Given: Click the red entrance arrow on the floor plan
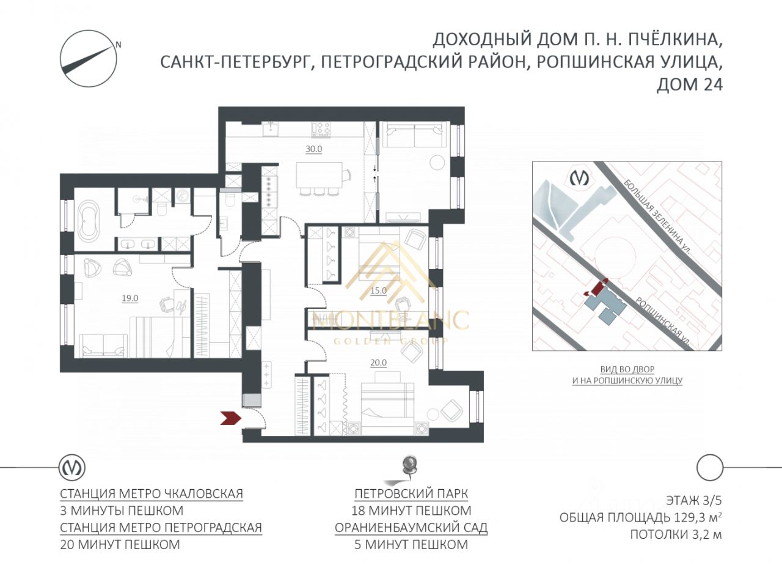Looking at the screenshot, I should (x=232, y=418).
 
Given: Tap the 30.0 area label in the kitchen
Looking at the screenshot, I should (x=313, y=149).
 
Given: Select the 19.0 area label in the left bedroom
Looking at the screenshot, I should (x=130, y=298).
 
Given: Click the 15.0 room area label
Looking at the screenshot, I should (x=378, y=290).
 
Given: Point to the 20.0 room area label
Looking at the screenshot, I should (x=378, y=363).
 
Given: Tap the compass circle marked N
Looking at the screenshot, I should (x=89, y=57).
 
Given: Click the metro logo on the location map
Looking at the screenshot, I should (x=579, y=178).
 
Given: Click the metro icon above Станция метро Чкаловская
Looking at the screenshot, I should (x=72, y=468).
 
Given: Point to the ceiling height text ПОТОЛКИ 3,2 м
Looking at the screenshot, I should (x=676, y=535).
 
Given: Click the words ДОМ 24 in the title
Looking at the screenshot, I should (x=689, y=84).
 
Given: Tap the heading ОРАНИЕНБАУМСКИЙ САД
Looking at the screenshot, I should (x=411, y=527).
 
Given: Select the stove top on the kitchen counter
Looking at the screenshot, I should (x=321, y=129).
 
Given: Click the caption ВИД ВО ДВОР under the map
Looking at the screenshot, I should (x=627, y=369).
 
